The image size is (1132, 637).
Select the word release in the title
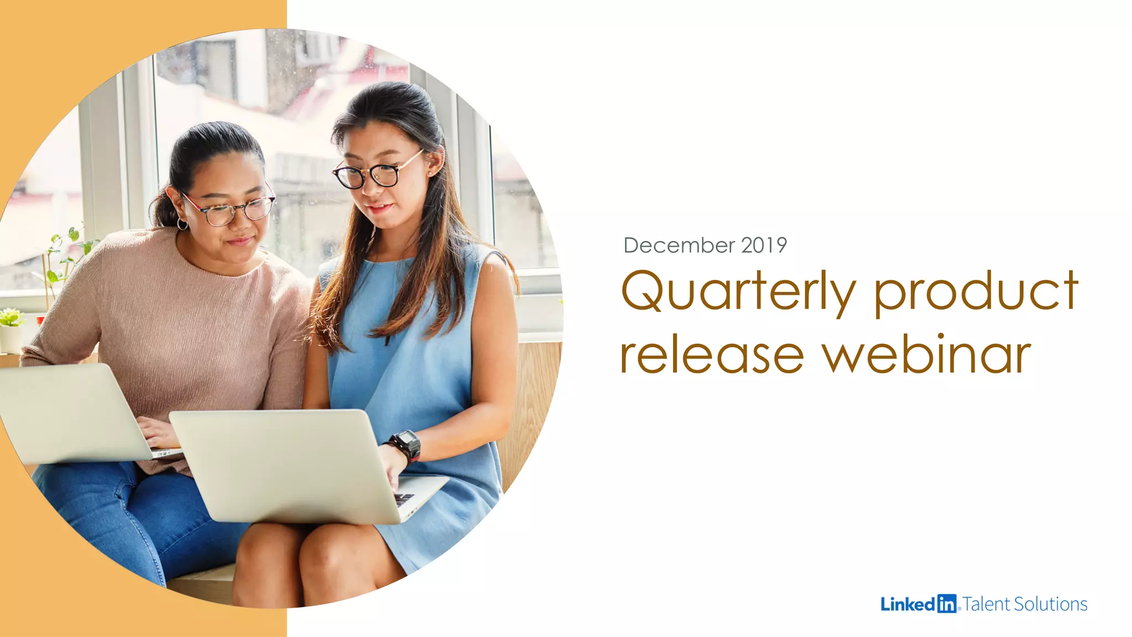712,355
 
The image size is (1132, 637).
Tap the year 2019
764,245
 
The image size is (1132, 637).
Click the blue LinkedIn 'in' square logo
947,604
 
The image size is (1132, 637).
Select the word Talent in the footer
987,604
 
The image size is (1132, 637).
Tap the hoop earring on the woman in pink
182,224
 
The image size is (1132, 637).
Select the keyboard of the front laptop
404,499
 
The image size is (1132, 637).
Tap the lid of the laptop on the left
66,412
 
